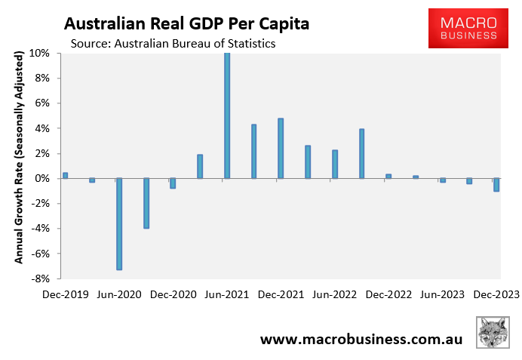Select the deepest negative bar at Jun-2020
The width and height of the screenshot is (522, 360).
[119, 224]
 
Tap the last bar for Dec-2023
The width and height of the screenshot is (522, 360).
[496, 185]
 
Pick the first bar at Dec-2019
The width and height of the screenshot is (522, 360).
[66, 176]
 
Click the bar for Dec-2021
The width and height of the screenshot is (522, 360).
[281, 149]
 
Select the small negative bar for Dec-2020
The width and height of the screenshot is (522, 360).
[173, 183]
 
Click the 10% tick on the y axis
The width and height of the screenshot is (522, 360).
[40, 54]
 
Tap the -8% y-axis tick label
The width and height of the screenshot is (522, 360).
[40, 278]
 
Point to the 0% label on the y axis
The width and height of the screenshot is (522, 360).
[42, 179]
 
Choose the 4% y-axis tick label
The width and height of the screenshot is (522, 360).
[42, 128]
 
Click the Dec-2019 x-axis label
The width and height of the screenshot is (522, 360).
[66, 294]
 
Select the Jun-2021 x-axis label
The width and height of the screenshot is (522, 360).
[227, 294]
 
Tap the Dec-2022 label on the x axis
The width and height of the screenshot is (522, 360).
[388, 294]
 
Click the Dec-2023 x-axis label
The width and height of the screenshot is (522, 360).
[496, 294]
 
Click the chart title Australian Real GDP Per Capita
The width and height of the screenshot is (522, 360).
[186, 23]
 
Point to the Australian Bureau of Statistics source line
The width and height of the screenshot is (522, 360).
[173, 43]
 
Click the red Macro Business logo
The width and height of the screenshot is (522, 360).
[463, 28]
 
